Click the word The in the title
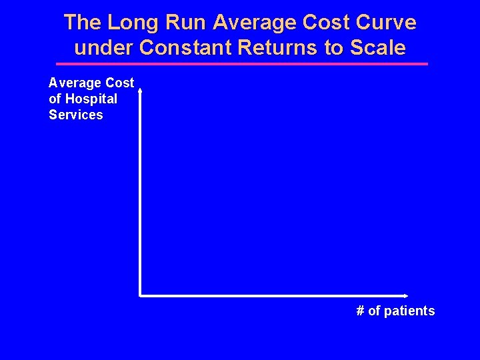[x=83, y=23]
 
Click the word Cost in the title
[x=322, y=23]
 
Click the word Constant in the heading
[x=175, y=48]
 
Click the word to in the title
[x=333, y=48]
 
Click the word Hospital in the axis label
[x=91, y=99]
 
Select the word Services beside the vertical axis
[x=76, y=115]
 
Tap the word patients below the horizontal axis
[x=409, y=311]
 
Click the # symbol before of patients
[x=361, y=311]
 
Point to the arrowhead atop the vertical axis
[x=140, y=86]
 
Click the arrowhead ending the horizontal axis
[x=405, y=295]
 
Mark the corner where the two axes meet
[x=140, y=295]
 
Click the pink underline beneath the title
[x=241, y=64]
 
